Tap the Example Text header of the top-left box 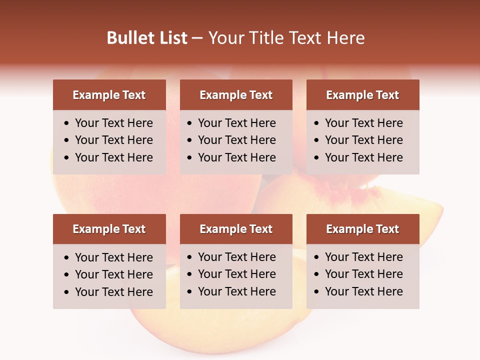(x=109, y=95)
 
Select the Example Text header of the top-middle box (x=236, y=95)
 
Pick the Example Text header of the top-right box (x=362, y=95)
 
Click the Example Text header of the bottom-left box (x=109, y=229)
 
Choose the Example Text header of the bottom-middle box (x=236, y=229)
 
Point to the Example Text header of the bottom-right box (x=362, y=229)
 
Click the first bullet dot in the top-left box (x=67, y=123)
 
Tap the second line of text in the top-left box (x=114, y=140)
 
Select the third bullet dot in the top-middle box (x=190, y=158)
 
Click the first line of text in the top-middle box (x=237, y=123)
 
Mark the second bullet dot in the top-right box (x=317, y=140)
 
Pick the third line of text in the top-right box (x=364, y=157)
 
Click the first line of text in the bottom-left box (x=114, y=257)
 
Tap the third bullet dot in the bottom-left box (x=67, y=292)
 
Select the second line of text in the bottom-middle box (x=237, y=274)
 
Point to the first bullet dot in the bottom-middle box (x=190, y=257)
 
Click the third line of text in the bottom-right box (x=364, y=291)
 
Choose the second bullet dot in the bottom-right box (x=317, y=274)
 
